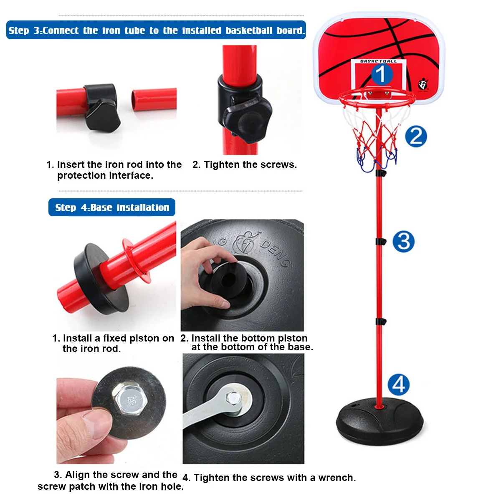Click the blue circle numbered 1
[x=382, y=74]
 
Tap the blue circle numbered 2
[x=416, y=137]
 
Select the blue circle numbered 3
[x=403, y=242]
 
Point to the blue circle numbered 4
[x=399, y=385]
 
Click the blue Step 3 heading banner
[x=156, y=30]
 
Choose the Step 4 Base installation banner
[x=112, y=207]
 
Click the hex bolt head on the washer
[x=129, y=400]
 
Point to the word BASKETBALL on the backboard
[x=379, y=61]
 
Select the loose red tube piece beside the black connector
[x=154, y=99]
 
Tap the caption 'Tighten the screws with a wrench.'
[x=269, y=478]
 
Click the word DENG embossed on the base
[x=276, y=253]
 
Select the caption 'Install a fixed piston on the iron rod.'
[x=113, y=343]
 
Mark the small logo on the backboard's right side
[x=423, y=85]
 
